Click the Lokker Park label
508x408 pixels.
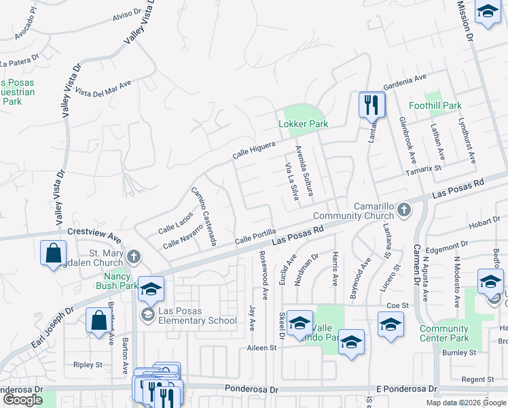304,124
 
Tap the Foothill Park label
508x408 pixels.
435,105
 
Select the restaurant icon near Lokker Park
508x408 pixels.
371,105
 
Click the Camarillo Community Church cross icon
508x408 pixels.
404,209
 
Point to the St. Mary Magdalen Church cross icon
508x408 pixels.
134,257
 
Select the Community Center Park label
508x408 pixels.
444,333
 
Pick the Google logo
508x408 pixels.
23,400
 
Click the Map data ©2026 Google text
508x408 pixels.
467,403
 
